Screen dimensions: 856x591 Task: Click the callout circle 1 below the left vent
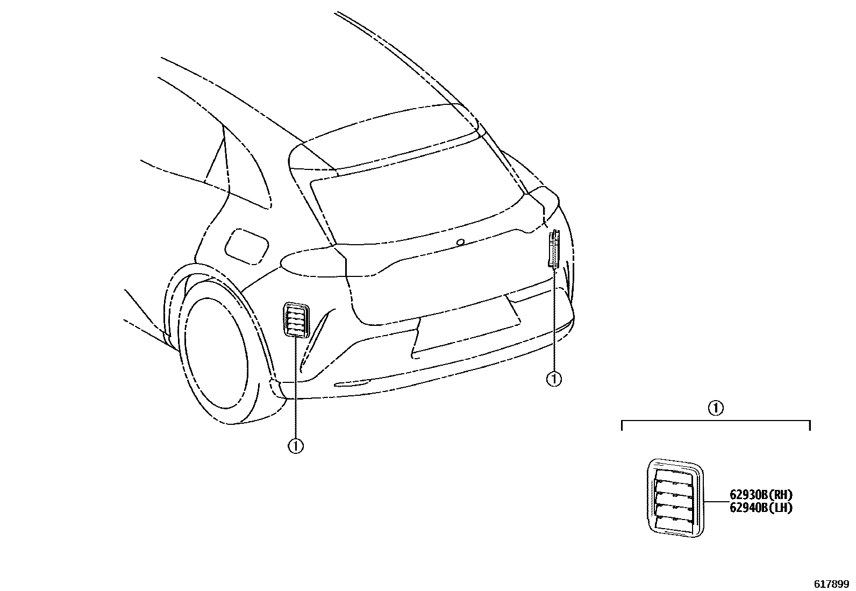pyautogui.click(x=295, y=446)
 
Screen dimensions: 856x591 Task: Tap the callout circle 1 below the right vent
pyautogui.click(x=553, y=379)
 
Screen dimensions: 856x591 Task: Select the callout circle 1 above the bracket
pyautogui.click(x=715, y=408)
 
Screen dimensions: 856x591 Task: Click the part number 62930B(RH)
pyautogui.click(x=761, y=495)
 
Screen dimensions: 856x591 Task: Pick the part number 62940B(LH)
pyautogui.click(x=761, y=507)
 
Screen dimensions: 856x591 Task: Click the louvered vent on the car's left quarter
pyautogui.click(x=296, y=321)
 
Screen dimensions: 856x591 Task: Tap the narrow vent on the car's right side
pyautogui.click(x=554, y=248)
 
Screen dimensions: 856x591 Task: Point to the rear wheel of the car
pyautogui.click(x=215, y=355)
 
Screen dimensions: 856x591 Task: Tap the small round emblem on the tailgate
pyautogui.click(x=460, y=243)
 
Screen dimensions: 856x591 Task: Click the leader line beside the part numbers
pyautogui.click(x=716, y=501)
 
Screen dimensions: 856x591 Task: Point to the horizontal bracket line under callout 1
pyautogui.click(x=715, y=422)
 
